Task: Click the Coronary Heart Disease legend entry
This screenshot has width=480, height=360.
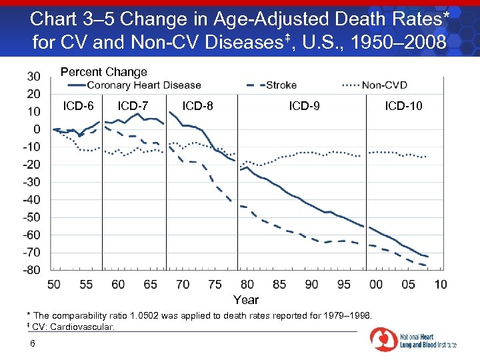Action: pyautogui.click(x=143, y=85)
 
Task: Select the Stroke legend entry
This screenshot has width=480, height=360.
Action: pyautogui.click(x=281, y=85)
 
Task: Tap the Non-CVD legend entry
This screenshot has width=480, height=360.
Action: pyautogui.click(x=384, y=85)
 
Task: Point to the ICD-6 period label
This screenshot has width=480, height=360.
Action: pyautogui.click(x=78, y=105)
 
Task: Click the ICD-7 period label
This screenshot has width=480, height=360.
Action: pyautogui.click(x=133, y=105)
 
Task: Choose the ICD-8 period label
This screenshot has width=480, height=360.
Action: pyautogui.click(x=198, y=105)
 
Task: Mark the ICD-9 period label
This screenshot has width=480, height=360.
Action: pyautogui.click(x=304, y=105)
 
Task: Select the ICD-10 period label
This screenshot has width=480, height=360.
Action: pyautogui.click(x=403, y=105)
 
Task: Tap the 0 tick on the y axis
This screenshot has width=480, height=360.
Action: pyautogui.click(x=37, y=129)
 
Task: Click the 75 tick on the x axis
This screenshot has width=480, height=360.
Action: pyautogui.click(x=215, y=285)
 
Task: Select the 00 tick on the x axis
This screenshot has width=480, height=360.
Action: pyautogui.click(x=376, y=285)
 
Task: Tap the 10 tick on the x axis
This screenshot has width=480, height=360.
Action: pyautogui.click(x=440, y=285)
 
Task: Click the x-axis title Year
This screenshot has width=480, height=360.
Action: pyautogui.click(x=246, y=299)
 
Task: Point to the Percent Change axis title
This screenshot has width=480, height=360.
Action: pyautogui.click(x=104, y=72)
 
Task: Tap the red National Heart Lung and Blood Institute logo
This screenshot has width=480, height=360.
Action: pyautogui.click(x=383, y=339)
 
